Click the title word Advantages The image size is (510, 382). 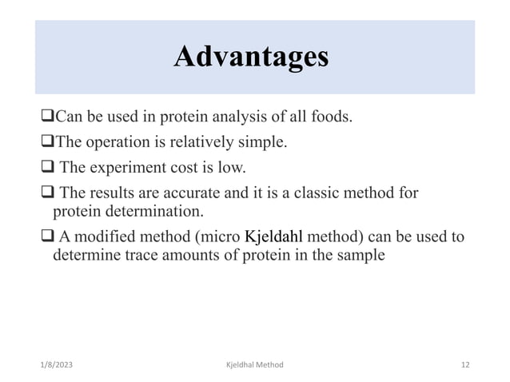tap(251, 58)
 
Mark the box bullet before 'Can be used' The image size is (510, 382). tap(46, 118)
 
